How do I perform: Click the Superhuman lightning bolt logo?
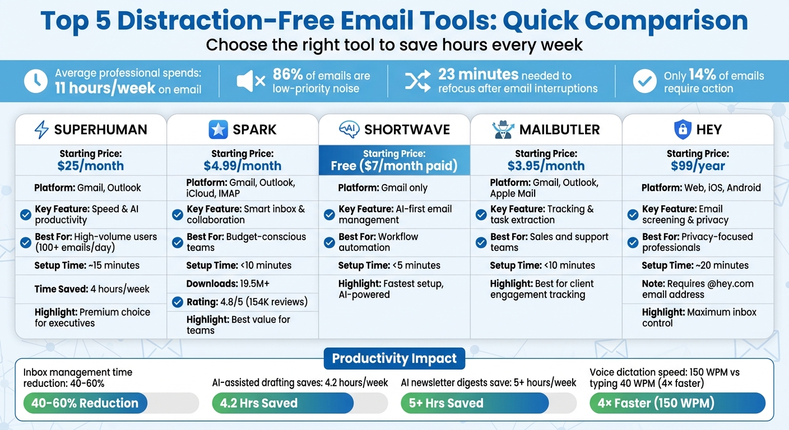tap(41, 130)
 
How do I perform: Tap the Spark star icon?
tap(218, 130)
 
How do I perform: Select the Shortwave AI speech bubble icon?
tap(349, 129)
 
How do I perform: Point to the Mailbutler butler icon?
tap(503, 129)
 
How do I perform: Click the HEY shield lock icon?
tap(681, 130)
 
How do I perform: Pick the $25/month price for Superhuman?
tap(90, 166)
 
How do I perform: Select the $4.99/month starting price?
tap(242, 166)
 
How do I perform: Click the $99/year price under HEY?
tap(698, 166)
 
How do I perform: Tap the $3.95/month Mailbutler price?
tap(546, 166)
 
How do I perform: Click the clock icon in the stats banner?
tap(36, 82)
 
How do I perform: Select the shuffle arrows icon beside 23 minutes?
tap(417, 82)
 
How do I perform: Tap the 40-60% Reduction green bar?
tap(85, 403)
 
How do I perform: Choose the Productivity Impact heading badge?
tap(395, 358)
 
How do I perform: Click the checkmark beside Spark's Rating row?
tap(178, 302)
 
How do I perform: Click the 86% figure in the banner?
tap(287, 74)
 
